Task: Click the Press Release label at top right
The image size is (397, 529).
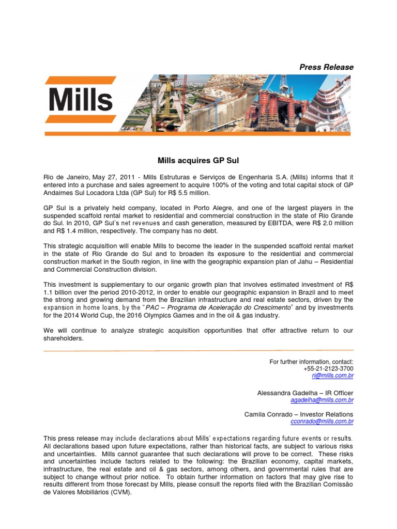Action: tap(327, 67)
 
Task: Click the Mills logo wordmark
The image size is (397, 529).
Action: tap(81, 100)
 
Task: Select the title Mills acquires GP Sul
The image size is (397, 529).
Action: tap(198, 161)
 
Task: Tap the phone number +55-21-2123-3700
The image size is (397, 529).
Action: tap(329, 369)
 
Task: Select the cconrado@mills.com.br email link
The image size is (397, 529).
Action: tap(323, 422)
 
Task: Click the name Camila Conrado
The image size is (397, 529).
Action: tap(266, 414)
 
